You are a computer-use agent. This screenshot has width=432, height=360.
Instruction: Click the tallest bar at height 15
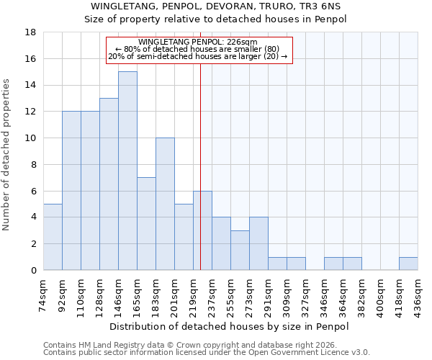(127, 171)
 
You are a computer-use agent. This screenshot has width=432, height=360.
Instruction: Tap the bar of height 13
(109, 184)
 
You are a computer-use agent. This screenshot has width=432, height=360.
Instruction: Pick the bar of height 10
(165, 204)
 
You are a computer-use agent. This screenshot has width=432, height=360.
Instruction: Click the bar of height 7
(146, 223)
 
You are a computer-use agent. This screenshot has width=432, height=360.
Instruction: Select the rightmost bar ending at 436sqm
(408, 264)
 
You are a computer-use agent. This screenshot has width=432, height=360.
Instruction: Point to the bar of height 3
(240, 250)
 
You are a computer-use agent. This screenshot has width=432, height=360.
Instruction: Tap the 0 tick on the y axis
(33, 270)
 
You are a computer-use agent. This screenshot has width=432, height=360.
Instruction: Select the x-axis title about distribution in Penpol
(230, 326)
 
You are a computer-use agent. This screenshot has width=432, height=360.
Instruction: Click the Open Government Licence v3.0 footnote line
(207, 353)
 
